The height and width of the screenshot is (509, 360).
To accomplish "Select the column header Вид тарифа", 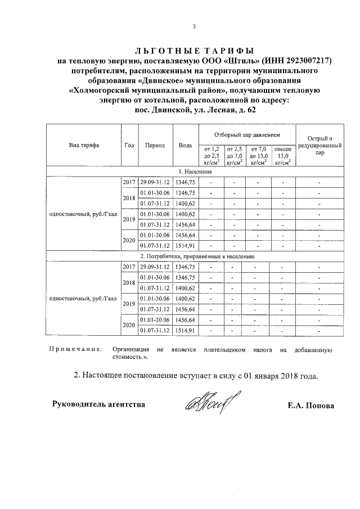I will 84,145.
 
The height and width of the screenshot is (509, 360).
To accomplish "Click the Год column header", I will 129,145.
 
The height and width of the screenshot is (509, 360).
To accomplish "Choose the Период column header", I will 155,145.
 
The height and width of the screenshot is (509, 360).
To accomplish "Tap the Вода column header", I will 184,145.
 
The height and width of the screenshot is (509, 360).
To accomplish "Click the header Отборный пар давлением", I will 247,136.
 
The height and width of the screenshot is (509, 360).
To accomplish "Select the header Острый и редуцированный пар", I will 319,145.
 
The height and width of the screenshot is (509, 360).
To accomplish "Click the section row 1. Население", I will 195,171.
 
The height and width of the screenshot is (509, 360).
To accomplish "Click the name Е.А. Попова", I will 310,406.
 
